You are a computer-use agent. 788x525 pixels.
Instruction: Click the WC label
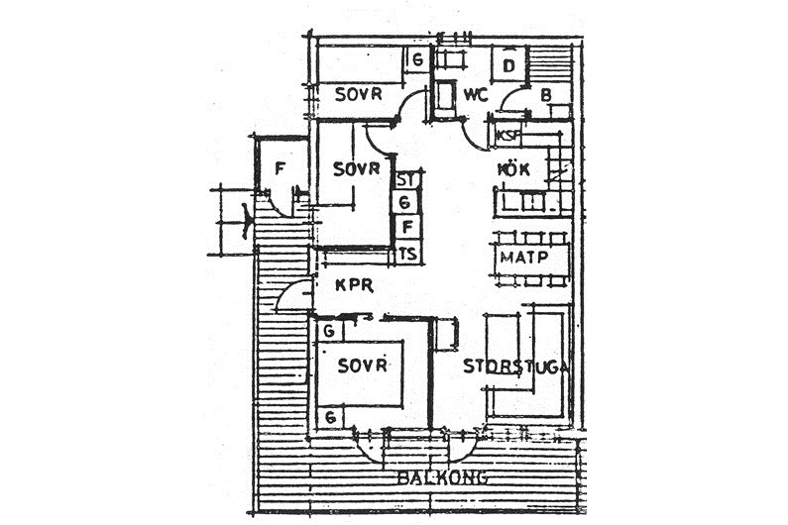(475, 96)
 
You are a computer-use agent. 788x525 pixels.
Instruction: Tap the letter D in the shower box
(508, 66)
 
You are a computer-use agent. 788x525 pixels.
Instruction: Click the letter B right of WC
(546, 96)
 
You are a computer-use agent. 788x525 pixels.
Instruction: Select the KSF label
(507, 135)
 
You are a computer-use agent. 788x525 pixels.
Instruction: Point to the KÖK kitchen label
(512, 169)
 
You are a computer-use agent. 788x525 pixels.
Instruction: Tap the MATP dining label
(523, 258)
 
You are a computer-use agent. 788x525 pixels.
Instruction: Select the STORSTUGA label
(515, 366)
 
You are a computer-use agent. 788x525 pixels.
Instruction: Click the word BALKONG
(442, 477)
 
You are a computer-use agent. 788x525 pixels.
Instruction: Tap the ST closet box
(405, 180)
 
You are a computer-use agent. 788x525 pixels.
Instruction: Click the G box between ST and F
(405, 204)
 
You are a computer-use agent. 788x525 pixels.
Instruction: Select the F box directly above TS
(406, 229)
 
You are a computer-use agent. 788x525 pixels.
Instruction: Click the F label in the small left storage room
(280, 169)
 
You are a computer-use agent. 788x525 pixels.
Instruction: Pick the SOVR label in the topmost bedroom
(358, 95)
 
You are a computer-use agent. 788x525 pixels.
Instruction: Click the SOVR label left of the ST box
(356, 169)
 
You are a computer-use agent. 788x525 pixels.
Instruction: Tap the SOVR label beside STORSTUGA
(360, 366)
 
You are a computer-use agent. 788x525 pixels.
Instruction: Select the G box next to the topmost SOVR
(418, 59)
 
